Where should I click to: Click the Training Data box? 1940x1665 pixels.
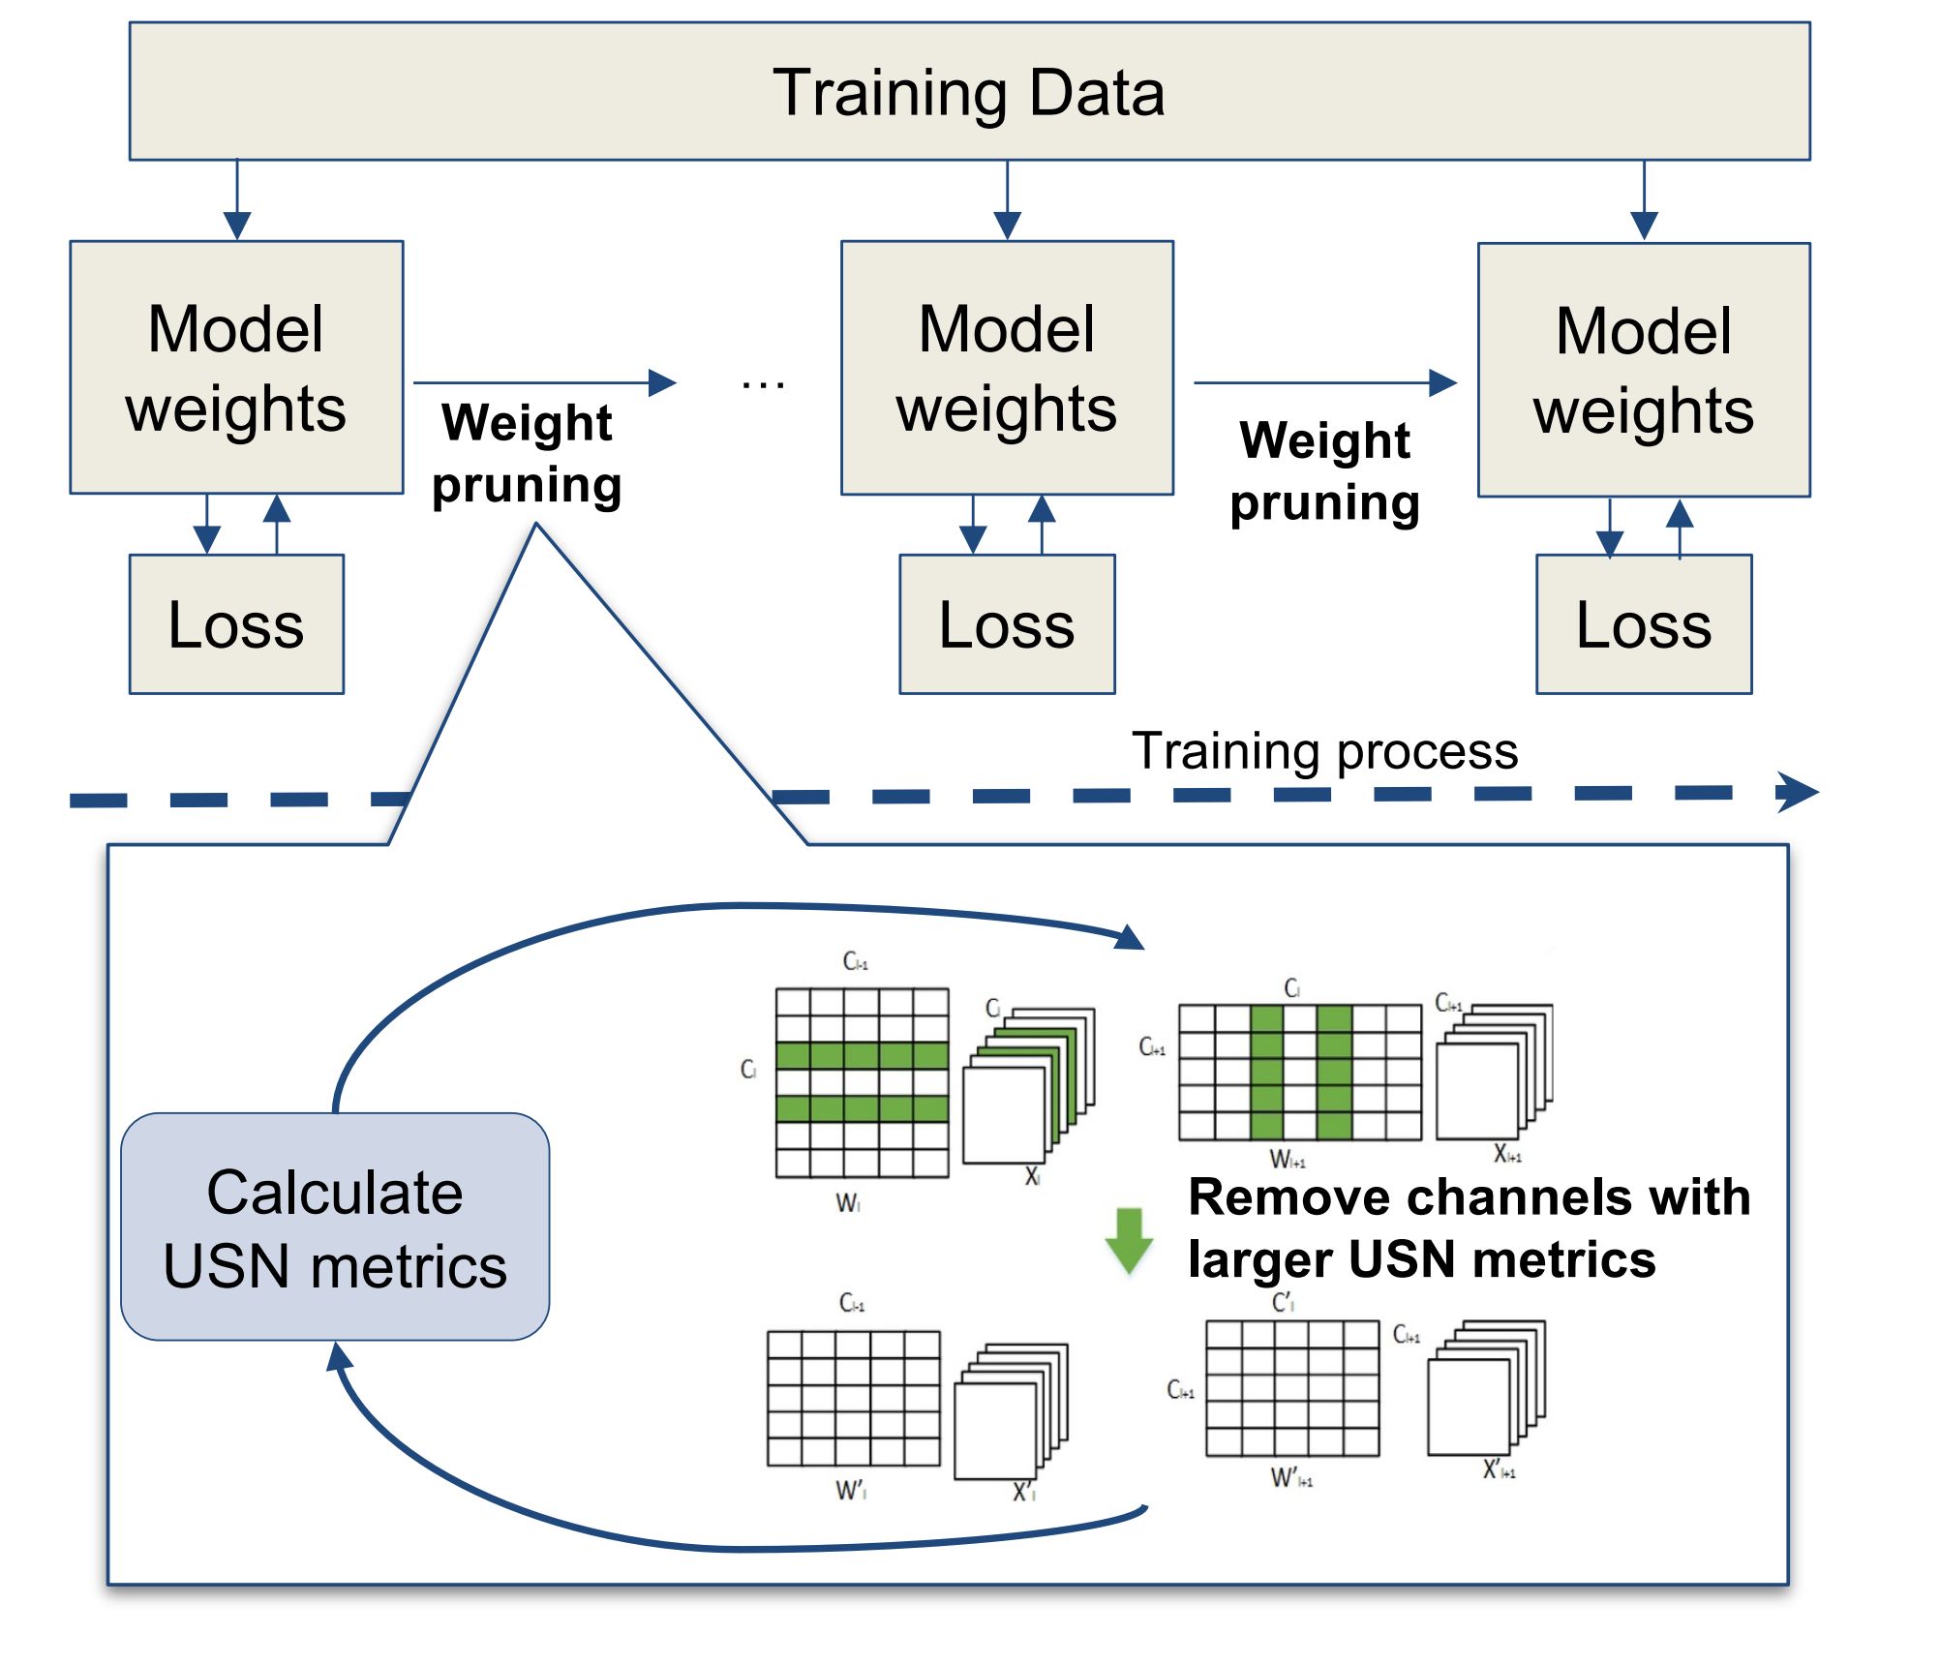[x=969, y=92]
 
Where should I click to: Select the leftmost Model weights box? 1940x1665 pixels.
[x=236, y=368]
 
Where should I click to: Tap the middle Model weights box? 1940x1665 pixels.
[x=1007, y=368]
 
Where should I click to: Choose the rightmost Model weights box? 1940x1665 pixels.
[x=1643, y=370]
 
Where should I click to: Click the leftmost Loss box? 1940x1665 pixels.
[x=236, y=624]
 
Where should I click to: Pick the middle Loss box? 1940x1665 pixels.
[x=1007, y=624]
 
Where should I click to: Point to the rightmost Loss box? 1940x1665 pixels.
[x=1643, y=624]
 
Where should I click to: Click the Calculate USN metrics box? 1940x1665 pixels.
[x=335, y=1227]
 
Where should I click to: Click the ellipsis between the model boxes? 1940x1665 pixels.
[x=763, y=384]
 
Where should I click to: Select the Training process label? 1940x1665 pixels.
[x=1324, y=751]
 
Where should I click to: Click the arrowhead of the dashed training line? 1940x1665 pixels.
[x=1799, y=793]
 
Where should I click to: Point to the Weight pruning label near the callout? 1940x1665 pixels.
[x=527, y=453]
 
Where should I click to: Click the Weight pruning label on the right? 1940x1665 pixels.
[x=1324, y=471]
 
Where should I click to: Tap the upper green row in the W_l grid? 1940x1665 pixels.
[x=862, y=1055]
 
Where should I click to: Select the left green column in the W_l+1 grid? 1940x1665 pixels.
[x=1266, y=1073]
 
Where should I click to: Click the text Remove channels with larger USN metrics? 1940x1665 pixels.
[x=1470, y=1227]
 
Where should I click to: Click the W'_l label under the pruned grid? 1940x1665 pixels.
[x=851, y=1491]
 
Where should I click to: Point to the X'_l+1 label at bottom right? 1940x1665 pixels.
[x=1499, y=1470]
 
